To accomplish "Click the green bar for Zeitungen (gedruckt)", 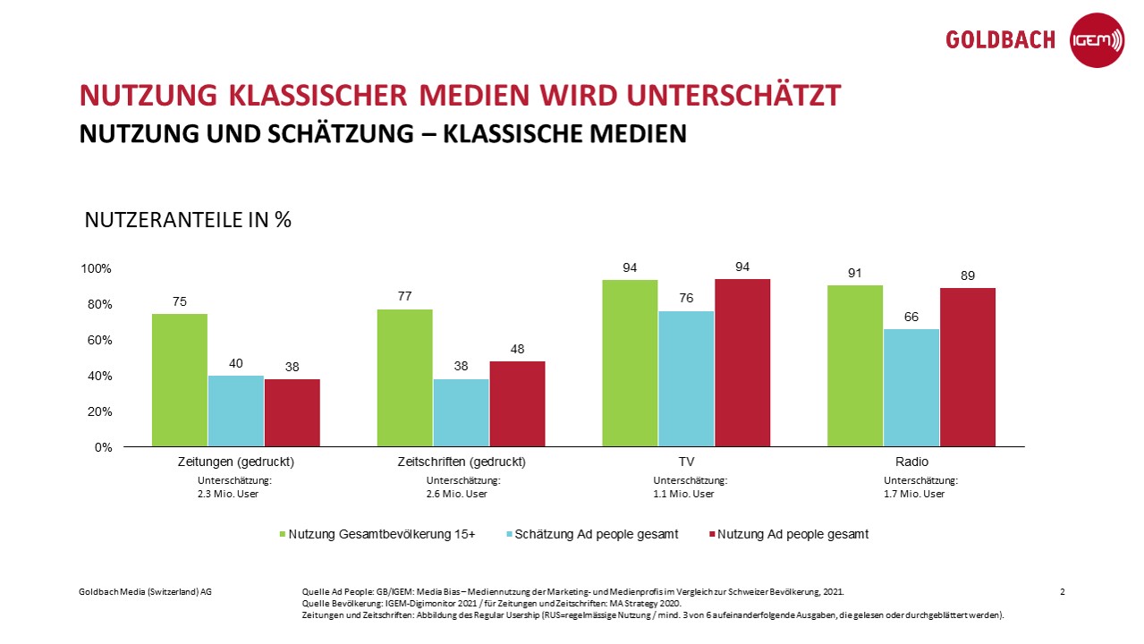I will pyautogui.click(x=180, y=380).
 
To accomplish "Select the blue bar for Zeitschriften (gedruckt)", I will pyautogui.click(x=461, y=412).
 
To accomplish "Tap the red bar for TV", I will pyautogui.click(x=742, y=362).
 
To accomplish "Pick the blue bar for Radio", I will pyautogui.click(x=911, y=387).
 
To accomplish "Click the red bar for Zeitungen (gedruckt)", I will pyautogui.click(x=292, y=412).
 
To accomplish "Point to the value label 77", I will pyautogui.click(x=404, y=296).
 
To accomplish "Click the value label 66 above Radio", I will pyautogui.click(x=911, y=316).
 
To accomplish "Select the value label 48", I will pyautogui.click(x=517, y=348).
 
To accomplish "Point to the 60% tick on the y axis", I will pyautogui.click(x=98, y=340).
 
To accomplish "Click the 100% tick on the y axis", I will pyautogui.click(x=97, y=268).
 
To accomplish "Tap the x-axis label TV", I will pyautogui.click(x=686, y=462).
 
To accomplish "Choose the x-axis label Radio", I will pyautogui.click(x=911, y=462).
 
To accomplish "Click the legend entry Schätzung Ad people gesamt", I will pyautogui.click(x=597, y=534).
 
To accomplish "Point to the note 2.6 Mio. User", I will pyautogui.click(x=457, y=494).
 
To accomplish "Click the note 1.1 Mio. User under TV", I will pyautogui.click(x=684, y=494).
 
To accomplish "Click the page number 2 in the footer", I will pyautogui.click(x=1062, y=592).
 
